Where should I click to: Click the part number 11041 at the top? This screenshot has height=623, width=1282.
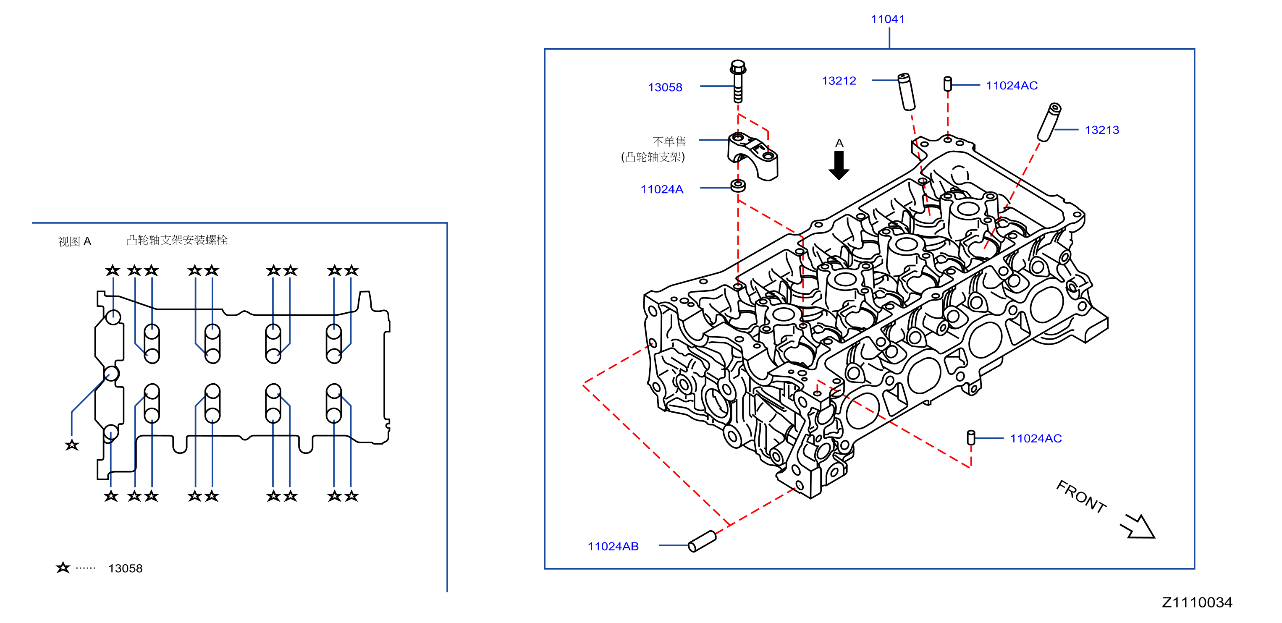[887, 19]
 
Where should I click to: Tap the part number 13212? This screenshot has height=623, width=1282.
[839, 81]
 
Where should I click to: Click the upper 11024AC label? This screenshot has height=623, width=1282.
[1012, 86]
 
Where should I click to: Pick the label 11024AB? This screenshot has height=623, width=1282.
[613, 546]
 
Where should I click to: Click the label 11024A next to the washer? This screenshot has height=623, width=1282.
[662, 190]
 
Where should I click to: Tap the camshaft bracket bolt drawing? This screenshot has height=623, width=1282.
[738, 81]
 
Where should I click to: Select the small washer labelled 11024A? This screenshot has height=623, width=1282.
[738, 186]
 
